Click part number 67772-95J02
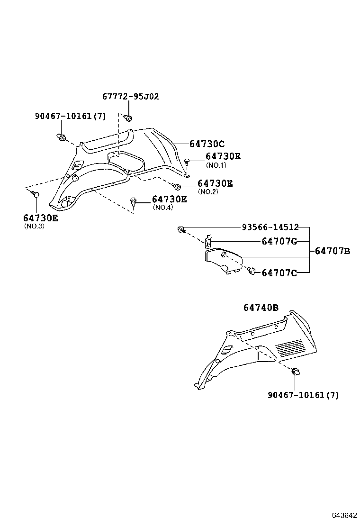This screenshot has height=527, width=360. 131,97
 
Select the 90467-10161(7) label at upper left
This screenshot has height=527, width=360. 70,116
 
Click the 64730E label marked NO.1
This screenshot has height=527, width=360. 223,156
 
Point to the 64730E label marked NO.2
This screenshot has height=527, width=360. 215,183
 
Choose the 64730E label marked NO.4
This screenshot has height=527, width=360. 170,200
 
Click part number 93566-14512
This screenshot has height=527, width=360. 270,227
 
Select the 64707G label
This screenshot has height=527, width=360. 279,241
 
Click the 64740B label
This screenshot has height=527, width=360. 261,308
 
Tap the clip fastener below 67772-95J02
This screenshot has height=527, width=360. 128,118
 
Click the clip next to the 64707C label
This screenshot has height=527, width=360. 252,271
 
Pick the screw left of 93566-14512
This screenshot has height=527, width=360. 181,230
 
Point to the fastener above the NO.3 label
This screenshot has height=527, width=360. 36,194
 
